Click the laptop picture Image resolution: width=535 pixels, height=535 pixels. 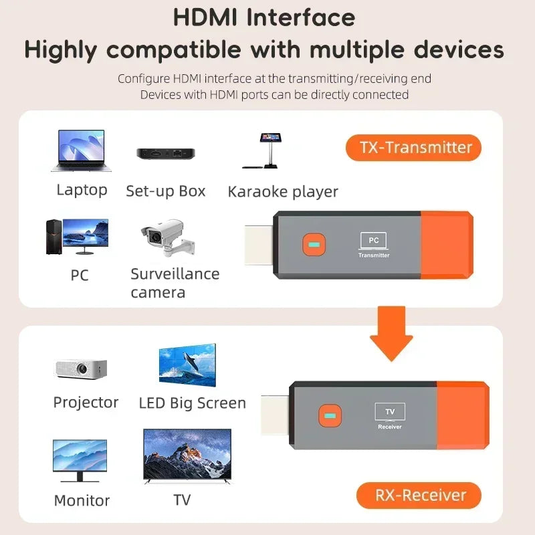[81, 152]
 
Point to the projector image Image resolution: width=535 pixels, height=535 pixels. [80, 368]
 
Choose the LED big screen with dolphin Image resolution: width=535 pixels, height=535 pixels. [187, 366]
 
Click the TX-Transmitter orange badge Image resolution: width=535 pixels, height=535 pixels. [413, 147]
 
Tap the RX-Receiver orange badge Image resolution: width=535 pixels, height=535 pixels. [419, 496]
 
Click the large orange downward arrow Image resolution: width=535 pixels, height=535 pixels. [391, 332]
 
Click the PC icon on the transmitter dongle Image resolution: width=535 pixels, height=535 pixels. [374, 240]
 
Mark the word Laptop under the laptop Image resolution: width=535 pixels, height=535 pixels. [82, 190]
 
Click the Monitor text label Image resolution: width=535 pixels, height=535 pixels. [82, 500]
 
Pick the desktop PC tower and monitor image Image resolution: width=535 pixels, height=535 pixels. [76, 237]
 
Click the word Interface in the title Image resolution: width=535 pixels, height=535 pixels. [300, 17]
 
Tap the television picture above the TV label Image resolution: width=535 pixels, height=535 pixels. [187, 457]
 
